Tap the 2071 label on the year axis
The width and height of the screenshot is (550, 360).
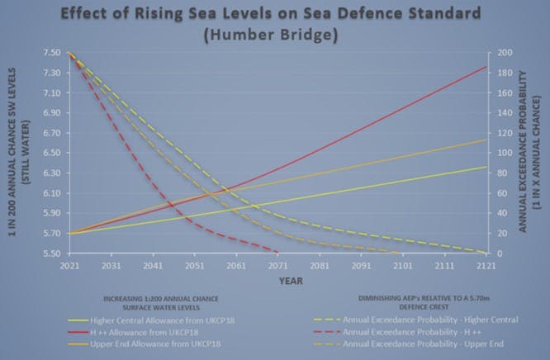point(278,267)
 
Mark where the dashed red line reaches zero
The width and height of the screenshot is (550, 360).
point(278,253)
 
